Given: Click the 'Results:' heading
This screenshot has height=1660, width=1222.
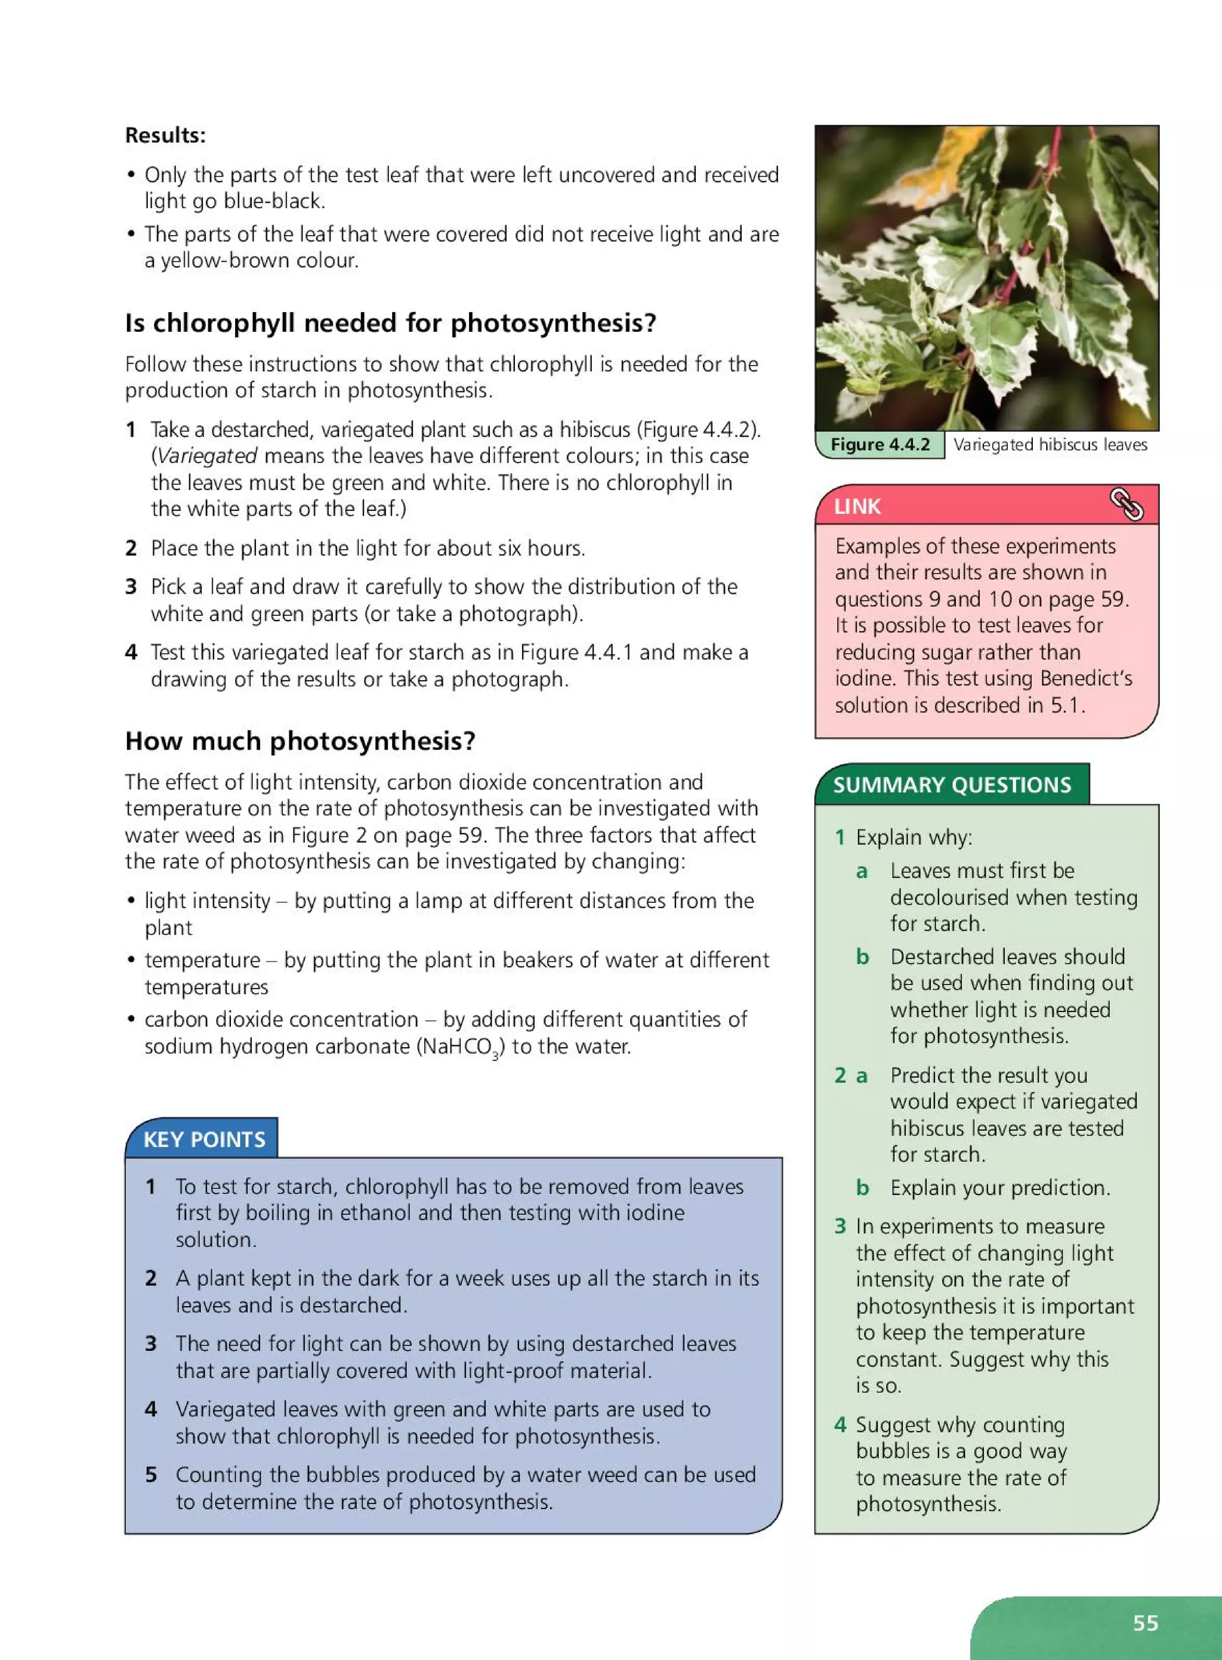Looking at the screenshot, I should click(165, 135).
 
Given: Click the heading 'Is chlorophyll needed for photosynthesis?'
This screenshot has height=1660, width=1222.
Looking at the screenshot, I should click(391, 323).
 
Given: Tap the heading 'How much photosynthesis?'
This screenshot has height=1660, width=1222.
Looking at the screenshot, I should click(300, 740).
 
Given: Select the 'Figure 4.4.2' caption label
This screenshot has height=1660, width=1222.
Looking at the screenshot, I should click(880, 445).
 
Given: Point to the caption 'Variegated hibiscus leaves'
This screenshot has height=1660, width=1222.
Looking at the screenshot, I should click(1050, 445).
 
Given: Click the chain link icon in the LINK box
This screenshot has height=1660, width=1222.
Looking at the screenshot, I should click(1126, 505).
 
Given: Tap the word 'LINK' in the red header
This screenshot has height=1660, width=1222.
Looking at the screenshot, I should click(857, 507).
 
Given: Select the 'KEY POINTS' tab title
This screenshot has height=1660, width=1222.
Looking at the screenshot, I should click(203, 1139).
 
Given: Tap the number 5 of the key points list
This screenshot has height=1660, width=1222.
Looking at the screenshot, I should click(151, 1474).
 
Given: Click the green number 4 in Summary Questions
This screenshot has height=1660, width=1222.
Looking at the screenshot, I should click(840, 1425).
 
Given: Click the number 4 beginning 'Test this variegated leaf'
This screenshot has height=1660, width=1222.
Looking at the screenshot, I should click(131, 652).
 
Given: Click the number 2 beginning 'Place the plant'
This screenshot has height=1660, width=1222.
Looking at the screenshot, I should click(131, 548).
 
